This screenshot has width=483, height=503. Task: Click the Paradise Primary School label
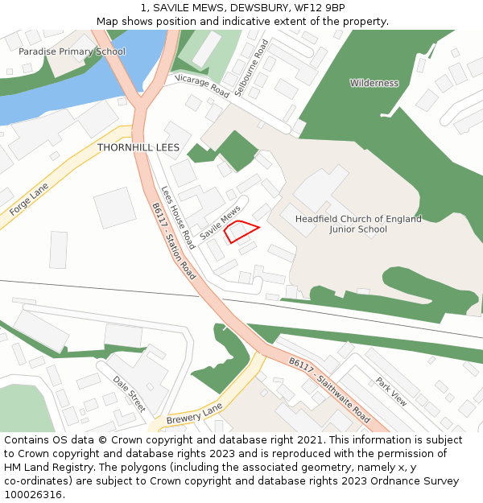click(x=72, y=52)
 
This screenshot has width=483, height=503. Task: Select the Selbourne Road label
click(x=250, y=68)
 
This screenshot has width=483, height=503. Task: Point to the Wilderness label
click(x=374, y=83)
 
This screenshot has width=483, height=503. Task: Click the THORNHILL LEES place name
click(x=138, y=148)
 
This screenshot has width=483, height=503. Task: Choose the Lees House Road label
click(x=178, y=217)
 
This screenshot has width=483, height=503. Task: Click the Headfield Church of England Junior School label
click(x=358, y=224)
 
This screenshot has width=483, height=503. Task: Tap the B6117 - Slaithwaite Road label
click(x=329, y=390)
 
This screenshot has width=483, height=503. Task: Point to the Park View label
click(x=391, y=391)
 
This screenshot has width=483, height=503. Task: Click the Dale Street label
click(x=129, y=394)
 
